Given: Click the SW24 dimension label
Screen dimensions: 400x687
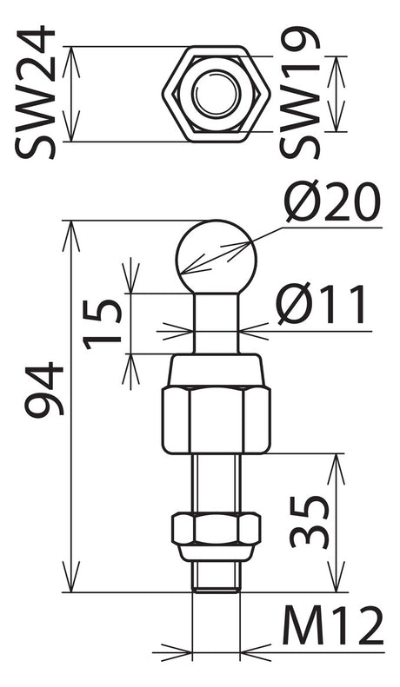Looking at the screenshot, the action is coord(35,93).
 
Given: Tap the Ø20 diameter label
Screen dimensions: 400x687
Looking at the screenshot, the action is coord(332,202).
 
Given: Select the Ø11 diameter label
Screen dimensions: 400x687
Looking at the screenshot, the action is coord(322,304).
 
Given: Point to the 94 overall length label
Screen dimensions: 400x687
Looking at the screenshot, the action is coord(44,389).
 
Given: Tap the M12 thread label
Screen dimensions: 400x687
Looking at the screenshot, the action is coord(332,625).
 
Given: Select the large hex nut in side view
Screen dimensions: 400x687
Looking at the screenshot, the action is coord(217,419).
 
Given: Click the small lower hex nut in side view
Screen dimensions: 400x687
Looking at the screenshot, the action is coord(217,529).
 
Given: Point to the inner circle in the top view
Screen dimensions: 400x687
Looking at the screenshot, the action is coord(217,94).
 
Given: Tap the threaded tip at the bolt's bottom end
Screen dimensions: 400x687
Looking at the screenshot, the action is coord(217,577).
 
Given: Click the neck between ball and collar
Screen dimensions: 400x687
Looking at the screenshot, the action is coord(217,323).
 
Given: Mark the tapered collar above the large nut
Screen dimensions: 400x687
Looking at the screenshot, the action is coord(217,371).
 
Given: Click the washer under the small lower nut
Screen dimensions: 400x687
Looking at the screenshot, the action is coord(217,553).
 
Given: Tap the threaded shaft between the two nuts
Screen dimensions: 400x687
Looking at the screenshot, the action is coord(217,483).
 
